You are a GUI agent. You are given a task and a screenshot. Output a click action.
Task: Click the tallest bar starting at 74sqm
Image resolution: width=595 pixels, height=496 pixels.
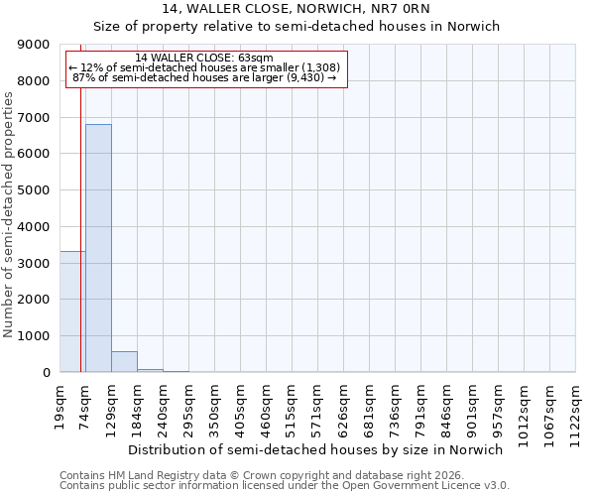point(98,248)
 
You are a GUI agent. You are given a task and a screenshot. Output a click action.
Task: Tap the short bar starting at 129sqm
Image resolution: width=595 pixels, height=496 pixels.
point(124,362)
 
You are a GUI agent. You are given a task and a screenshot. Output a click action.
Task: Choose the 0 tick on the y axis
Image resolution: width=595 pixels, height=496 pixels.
point(46,372)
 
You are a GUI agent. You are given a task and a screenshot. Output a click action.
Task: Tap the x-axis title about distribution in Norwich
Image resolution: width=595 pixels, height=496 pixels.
point(316,449)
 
